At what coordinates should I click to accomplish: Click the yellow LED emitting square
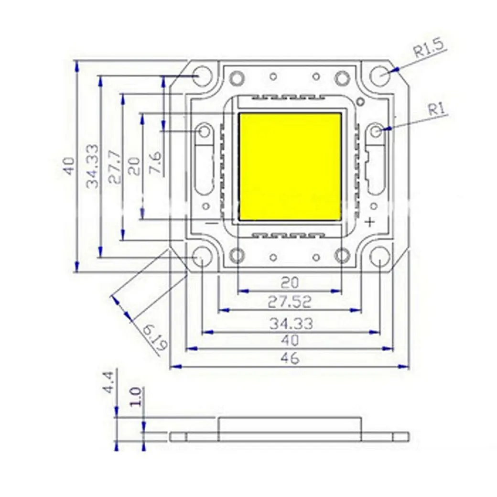point(290,167)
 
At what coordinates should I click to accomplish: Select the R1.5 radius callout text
point(429,49)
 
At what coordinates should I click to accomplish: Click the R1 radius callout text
point(436,110)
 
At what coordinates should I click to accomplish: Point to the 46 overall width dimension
point(290,358)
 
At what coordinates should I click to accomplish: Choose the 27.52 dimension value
point(289,302)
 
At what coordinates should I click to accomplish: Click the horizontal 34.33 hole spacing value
point(291,324)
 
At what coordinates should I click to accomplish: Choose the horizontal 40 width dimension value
point(290,341)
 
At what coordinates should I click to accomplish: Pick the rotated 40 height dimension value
point(68,166)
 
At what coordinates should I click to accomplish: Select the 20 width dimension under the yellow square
point(290,283)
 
